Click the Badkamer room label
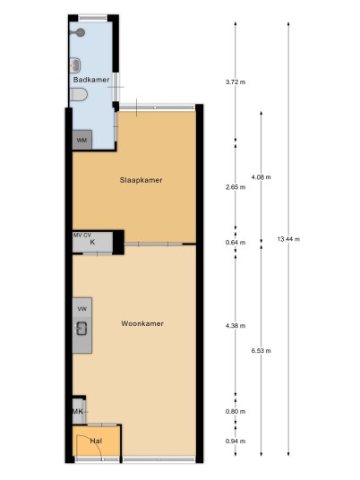91,80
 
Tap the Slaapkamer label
141,180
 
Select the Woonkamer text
142,323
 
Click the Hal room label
96,441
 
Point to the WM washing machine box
82,141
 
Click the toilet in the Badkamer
79,95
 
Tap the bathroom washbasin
75,65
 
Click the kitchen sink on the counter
81,329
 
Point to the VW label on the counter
82,309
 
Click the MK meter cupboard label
78,411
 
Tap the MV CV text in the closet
82,236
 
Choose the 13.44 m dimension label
288,239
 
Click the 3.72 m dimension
236,82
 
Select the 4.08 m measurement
261,177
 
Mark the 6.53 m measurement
261,351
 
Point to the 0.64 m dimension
236,243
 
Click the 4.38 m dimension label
236,326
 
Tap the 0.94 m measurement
236,441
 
